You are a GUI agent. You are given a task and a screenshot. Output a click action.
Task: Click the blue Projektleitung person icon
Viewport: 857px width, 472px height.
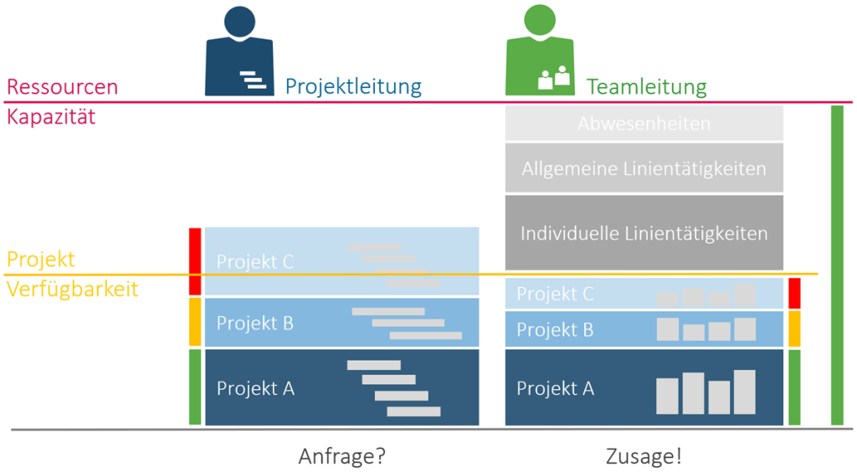[x=239, y=53]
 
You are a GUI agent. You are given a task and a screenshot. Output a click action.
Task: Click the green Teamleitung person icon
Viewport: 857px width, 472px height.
[x=540, y=53]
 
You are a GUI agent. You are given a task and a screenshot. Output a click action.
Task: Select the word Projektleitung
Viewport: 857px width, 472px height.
[x=352, y=86]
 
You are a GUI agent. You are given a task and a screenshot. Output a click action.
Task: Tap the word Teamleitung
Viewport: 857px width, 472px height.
[x=646, y=87]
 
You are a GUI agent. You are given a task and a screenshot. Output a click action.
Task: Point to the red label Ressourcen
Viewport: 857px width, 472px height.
[x=62, y=87]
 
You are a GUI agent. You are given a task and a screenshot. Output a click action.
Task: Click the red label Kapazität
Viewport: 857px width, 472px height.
[x=51, y=116]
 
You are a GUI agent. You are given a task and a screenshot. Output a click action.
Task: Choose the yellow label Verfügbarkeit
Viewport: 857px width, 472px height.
[x=72, y=290]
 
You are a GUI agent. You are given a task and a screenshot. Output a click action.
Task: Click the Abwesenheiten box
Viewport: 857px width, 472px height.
[x=644, y=124]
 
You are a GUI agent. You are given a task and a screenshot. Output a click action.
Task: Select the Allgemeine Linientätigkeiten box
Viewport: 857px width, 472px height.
[x=644, y=168]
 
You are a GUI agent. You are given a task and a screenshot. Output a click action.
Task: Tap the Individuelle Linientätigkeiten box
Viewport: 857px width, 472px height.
[x=644, y=233]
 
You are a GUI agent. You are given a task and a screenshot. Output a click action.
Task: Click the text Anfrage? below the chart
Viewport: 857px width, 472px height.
[x=342, y=457]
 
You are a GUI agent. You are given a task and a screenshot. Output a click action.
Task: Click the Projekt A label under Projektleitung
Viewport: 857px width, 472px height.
[x=255, y=388]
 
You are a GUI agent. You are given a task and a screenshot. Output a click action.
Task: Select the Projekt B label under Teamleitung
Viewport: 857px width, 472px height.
[x=555, y=330]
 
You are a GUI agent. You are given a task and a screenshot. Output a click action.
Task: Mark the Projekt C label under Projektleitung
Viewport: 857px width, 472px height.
[x=255, y=262]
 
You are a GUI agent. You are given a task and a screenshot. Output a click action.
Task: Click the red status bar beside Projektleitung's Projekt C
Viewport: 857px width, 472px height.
[x=195, y=261]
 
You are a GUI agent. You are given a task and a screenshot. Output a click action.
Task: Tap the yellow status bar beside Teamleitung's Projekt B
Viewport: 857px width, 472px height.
[x=794, y=329]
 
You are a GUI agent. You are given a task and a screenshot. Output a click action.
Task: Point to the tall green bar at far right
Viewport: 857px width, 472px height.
[x=837, y=265]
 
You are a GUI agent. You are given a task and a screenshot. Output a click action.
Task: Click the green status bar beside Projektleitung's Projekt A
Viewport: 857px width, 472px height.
[x=195, y=387]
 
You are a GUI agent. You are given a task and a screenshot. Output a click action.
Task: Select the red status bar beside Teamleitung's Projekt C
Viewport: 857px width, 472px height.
[x=794, y=294]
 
